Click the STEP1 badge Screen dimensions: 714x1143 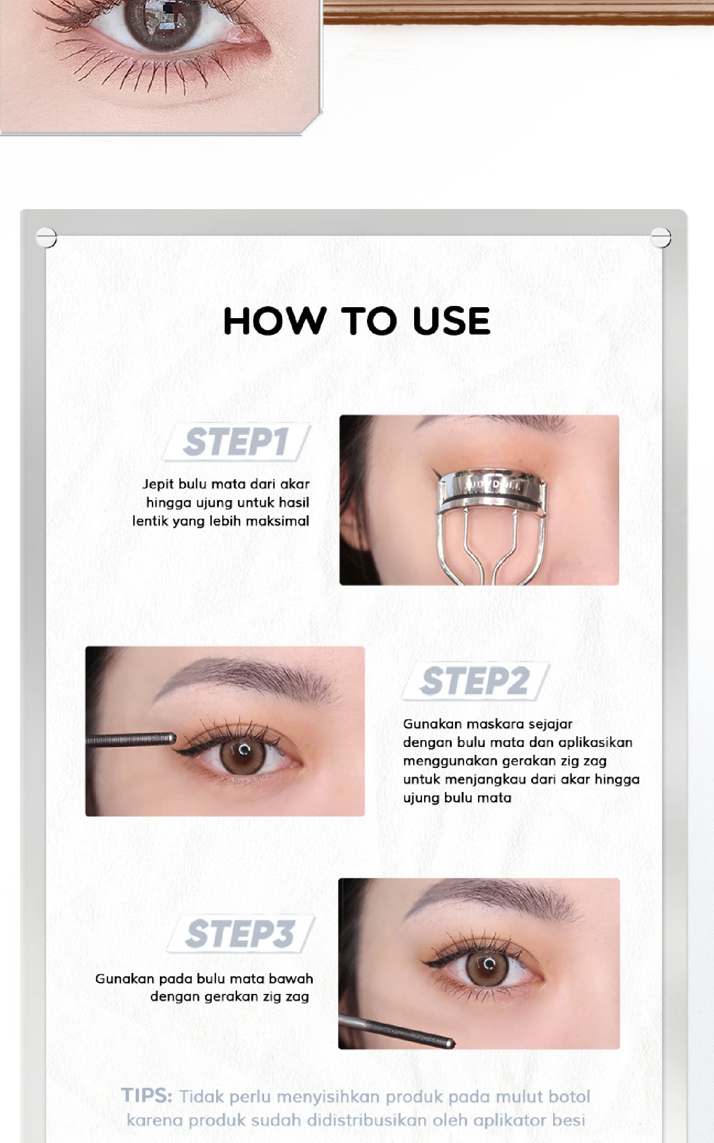(237, 442)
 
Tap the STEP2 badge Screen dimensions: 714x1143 (476, 681)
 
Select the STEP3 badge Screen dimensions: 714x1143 (241, 933)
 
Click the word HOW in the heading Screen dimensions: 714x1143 (275, 321)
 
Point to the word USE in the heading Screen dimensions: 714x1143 (451, 321)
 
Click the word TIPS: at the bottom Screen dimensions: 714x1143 (147, 1095)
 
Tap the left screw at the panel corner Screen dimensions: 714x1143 (46, 237)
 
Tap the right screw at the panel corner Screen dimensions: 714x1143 (661, 237)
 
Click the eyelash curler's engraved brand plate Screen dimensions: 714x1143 (494, 485)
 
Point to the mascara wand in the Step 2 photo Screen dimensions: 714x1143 (131, 739)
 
